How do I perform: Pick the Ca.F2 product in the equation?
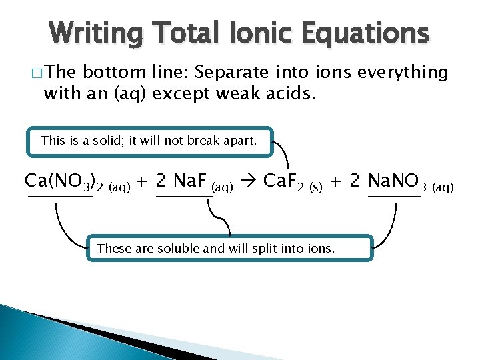pos(285,181)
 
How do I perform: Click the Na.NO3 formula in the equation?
pos(398,181)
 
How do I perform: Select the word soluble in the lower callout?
pos(181,249)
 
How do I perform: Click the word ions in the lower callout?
pos(319,249)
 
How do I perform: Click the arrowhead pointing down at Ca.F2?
pos(287,166)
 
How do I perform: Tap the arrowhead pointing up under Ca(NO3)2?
pos(57,205)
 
